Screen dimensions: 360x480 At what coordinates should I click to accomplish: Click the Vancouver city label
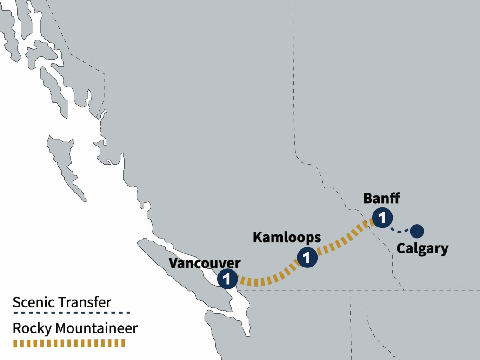[x=205, y=263]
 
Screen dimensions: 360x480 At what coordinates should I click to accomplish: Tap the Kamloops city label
[x=287, y=237]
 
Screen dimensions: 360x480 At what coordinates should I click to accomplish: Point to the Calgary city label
[x=422, y=249]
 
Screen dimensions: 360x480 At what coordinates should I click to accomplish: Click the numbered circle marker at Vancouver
[x=227, y=279]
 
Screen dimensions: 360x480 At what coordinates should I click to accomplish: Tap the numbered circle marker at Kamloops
[x=307, y=257]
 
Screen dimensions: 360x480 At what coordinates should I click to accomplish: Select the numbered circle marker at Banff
[x=382, y=217]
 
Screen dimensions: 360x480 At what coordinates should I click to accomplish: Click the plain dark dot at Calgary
[x=416, y=230]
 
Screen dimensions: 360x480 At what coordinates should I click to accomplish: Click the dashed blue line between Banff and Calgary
[x=400, y=230]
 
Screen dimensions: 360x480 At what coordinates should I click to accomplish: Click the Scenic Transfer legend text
[x=62, y=302]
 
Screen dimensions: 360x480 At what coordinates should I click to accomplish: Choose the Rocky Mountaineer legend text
[x=75, y=328]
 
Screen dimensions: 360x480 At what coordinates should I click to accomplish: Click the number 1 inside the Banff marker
[x=382, y=217]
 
